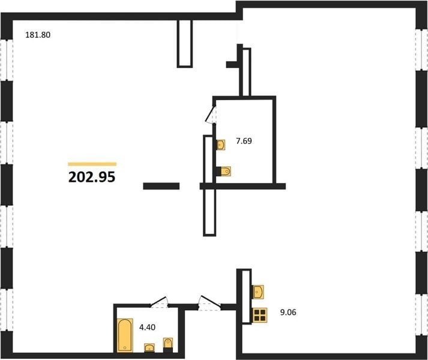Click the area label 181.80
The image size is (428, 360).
[38, 35]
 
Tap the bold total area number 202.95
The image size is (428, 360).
[92, 177]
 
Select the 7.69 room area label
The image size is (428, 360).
[244, 141]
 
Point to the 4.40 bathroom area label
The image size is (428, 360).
[148, 327]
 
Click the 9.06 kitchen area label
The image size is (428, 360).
[288, 312]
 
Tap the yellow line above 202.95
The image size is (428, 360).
[92, 164]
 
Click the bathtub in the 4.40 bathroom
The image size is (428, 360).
[125, 335]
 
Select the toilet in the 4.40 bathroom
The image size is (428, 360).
[168, 345]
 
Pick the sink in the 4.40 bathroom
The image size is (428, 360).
[149, 348]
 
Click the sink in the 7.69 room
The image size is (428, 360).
[220, 145]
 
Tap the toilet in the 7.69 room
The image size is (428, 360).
[223, 172]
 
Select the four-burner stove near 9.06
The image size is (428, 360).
[260, 315]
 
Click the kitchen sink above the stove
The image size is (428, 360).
[258, 292]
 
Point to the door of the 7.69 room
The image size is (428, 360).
[211, 115]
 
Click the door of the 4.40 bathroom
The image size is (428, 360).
[159, 302]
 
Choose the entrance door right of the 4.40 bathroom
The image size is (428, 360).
[209, 302]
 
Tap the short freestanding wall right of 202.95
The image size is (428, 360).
[161, 186]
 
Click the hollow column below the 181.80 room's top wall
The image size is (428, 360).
[185, 44]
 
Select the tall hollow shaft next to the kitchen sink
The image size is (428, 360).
[246, 296]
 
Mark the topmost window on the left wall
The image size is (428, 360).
[7, 60]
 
